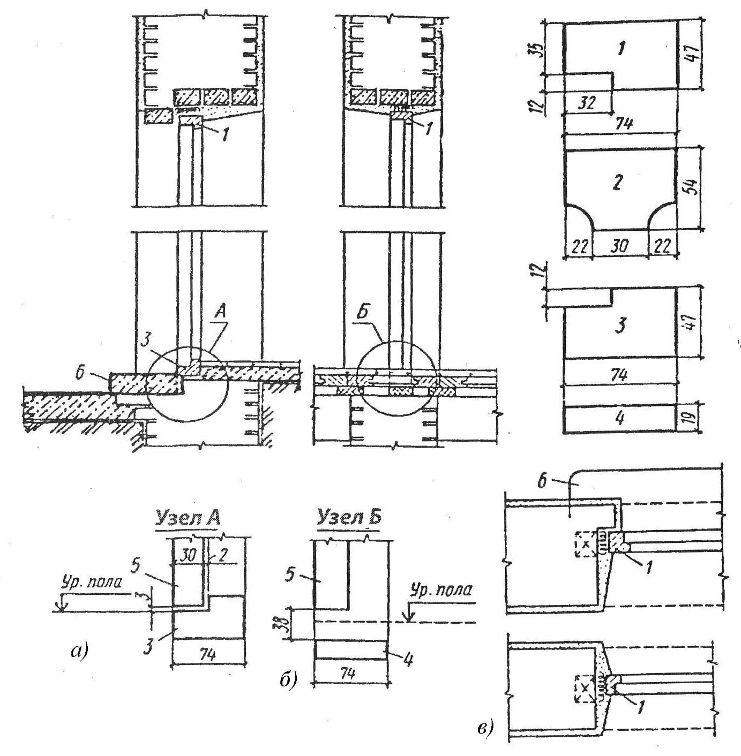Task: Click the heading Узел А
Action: [x=188, y=518]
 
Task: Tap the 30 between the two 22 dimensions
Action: [x=620, y=246]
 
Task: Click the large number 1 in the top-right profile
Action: [x=620, y=50]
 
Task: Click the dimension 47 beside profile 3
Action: [x=691, y=322]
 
